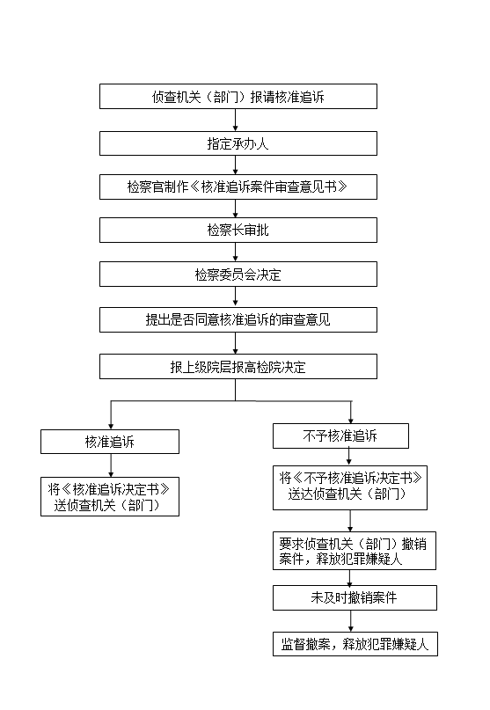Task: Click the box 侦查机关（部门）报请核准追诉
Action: pos(238,97)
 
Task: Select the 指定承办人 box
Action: pos(238,143)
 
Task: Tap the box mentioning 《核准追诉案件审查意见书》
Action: pos(238,187)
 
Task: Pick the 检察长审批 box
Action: pos(238,230)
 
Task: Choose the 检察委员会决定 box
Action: pos(238,274)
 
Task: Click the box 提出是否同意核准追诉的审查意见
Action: pos(238,319)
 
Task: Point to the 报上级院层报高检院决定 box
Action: pos(238,366)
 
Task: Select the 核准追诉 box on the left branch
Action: pos(110,442)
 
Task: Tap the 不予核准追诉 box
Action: pos(340,436)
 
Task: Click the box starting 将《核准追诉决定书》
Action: pos(110,497)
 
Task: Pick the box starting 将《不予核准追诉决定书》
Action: pos(350,487)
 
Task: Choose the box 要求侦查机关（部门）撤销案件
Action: pos(355,551)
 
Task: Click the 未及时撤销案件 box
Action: pos(355,597)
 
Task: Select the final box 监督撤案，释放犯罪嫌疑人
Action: pos(355,644)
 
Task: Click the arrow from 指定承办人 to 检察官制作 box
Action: pos(236,165)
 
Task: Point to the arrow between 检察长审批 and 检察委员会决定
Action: pos(236,252)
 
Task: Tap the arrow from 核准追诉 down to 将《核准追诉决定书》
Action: pos(111,465)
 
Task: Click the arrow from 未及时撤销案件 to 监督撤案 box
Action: pos(350,621)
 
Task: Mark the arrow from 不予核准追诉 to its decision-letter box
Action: pos(348,457)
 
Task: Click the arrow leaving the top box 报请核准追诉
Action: pos(236,120)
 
